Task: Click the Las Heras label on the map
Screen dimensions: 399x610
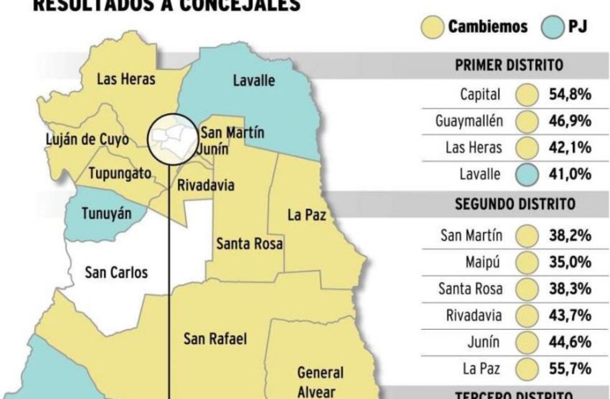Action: (126, 79)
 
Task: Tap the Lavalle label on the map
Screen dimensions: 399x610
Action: (253, 80)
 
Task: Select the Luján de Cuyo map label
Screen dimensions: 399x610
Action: (88, 138)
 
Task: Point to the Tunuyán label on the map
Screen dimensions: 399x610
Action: (107, 214)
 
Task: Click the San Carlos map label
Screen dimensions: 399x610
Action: (116, 272)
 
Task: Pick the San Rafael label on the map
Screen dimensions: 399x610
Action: (215, 339)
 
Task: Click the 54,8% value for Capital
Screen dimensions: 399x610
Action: (570, 95)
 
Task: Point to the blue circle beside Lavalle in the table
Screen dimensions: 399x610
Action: (527, 175)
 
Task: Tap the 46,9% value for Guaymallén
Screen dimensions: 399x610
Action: (570, 121)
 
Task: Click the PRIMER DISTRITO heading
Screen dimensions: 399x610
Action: (509, 65)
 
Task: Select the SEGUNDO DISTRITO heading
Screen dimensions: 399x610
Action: (515, 204)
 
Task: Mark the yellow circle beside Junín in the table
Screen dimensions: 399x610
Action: (527, 342)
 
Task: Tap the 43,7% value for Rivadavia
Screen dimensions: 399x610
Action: (570, 315)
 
